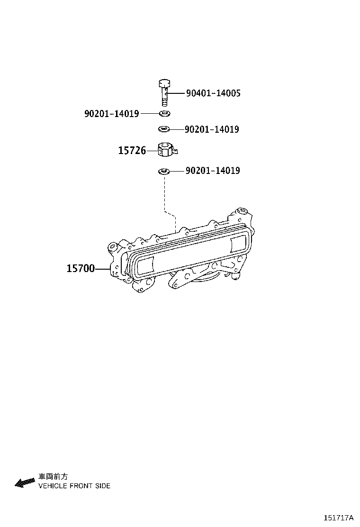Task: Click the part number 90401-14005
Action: point(213,93)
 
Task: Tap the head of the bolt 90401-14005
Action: point(163,84)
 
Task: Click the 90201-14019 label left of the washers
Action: point(111,114)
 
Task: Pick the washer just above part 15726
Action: point(164,129)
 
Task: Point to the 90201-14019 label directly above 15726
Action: point(212,129)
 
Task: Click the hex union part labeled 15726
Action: point(165,151)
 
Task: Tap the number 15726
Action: point(132,151)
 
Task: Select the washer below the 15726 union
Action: point(164,171)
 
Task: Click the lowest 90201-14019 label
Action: point(212,171)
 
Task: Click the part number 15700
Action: point(81,269)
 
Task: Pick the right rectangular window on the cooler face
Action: point(237,245)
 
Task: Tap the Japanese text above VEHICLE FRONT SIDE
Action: point(53,477)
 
